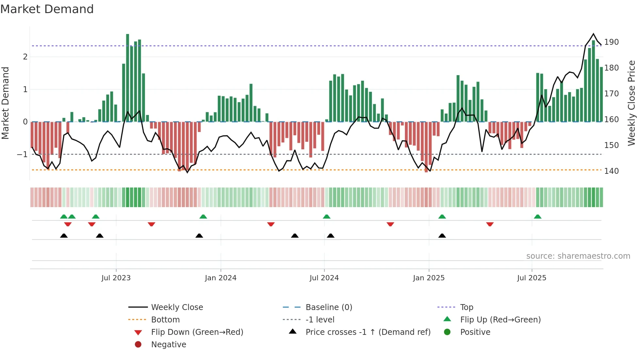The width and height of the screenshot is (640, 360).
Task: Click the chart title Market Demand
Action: pyautogui.click(x=47, y=9)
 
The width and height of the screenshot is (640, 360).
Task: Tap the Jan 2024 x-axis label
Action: pyautogui.click(x=220, y=278)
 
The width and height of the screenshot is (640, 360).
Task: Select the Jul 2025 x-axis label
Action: pyautogui.click(x=532, y=278)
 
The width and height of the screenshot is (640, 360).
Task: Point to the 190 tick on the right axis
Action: pyautogui.click(x=611, y=42)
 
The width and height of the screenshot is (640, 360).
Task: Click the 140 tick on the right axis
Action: pyautogui.click(x=611, y=171)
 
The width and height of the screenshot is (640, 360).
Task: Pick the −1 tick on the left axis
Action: pyautogui.click(x=22, y=154)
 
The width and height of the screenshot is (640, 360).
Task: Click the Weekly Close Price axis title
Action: pyautogui.click(x=632, y=103)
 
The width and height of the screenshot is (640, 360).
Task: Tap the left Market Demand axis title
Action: pyautogui.click(x=5, y=103)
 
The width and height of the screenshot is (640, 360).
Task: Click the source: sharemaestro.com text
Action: pyautogui.click(x=578, y=256)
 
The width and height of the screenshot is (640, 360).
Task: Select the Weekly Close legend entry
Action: pyautogui.click(x=177, y=307)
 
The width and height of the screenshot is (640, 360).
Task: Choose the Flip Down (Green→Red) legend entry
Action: pyautogui.click(x=197, y=332)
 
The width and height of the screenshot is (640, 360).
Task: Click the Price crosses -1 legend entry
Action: pyautogui.click(x=368, y=332)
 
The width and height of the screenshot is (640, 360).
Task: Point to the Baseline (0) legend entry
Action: pyautogui.click(x=328, y=307)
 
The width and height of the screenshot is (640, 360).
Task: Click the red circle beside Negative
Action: pyautogui.click(x=138, y=345)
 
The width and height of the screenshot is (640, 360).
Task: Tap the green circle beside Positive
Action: pyautogui.click(x=447, y=332)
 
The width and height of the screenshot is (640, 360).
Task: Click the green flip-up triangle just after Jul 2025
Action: pyautogui.click(x=537, y=217)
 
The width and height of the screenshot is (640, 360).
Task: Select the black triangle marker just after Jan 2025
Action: pyautogui.click(x=442, y=236)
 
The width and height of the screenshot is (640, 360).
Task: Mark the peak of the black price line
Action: pyautogui.click(x=593, y=34)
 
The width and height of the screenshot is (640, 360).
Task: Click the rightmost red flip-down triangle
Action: pyautogui.click(x=489, y=224)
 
